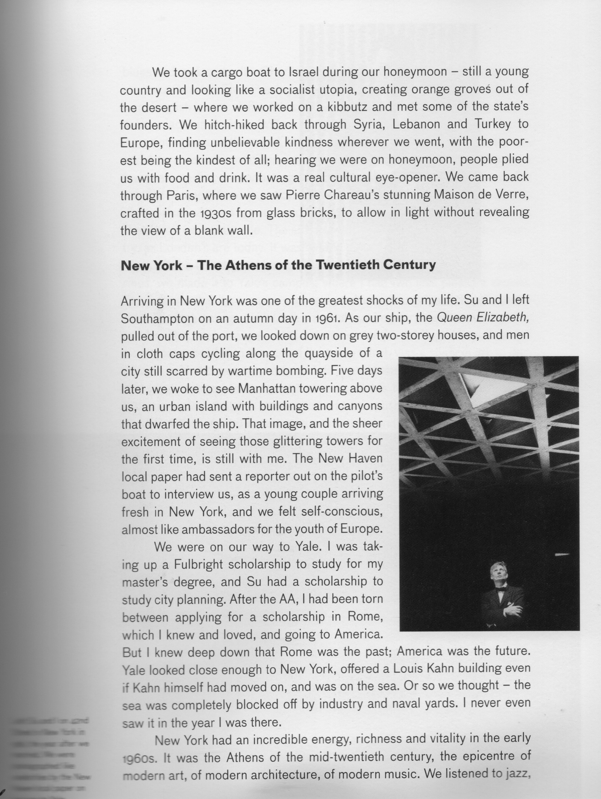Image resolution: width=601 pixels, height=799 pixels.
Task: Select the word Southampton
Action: click(x=162, y=319)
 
